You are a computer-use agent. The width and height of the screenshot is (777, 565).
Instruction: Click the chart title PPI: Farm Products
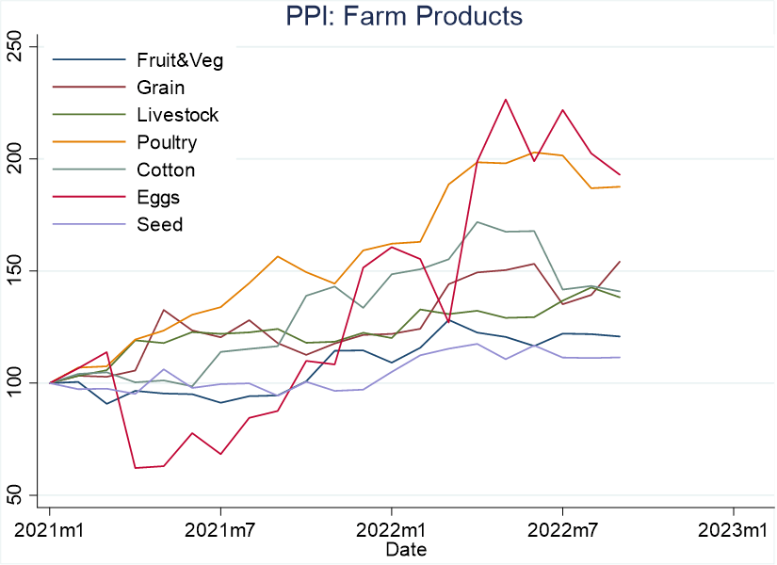(x=404, y=16)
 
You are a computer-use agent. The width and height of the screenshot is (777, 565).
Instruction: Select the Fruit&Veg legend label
(x=180, y=60)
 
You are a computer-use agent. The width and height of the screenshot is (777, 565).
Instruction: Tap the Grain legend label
(x=160, y=88)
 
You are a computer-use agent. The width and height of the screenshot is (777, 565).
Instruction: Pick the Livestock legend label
(x=177, y=115)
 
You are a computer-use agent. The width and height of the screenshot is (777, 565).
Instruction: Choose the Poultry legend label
(x=167, y=143)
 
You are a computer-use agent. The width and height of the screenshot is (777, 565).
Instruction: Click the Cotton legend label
(x=166, y=170)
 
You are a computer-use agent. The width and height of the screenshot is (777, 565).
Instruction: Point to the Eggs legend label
(x=158, y=198)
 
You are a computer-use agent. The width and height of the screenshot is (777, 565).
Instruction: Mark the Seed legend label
(x=159, y=224)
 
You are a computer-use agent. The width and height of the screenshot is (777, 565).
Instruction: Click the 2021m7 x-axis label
(x=220, y=531)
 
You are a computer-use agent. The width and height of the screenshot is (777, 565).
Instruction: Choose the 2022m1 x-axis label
(x=391, y=531)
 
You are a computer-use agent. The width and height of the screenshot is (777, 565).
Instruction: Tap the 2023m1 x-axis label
(x=733, y=531)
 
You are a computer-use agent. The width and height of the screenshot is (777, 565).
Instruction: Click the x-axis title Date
(x=406, y=550)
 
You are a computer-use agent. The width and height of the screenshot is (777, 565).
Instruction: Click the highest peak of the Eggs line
(x=506, y=99)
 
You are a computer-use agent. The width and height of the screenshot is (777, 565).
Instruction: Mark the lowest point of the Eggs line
(x=136, y=468)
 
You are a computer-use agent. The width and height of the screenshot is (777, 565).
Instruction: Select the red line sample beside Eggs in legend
(x=89, y=197)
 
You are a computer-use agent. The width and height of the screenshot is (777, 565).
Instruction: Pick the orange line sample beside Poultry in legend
(x=89, y=142)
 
